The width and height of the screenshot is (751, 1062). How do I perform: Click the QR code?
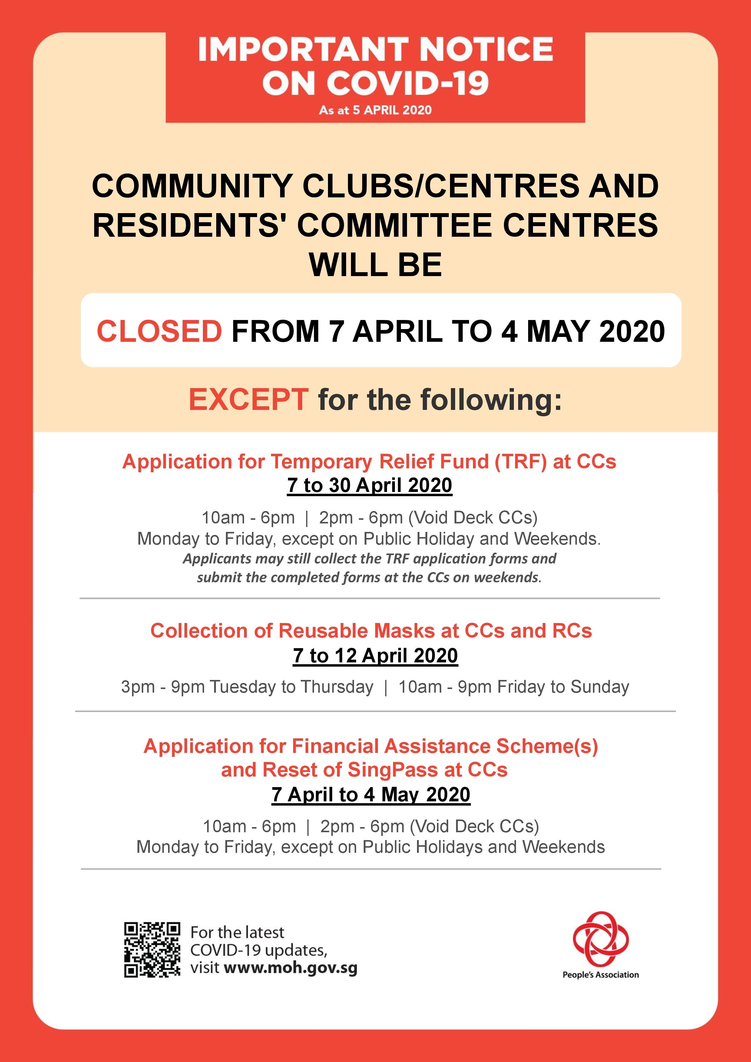(152, 950)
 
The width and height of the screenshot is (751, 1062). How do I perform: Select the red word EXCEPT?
(249, 400)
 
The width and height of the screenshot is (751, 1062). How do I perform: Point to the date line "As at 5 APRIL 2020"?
(375, 110)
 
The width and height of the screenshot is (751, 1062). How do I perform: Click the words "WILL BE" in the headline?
(375, 265)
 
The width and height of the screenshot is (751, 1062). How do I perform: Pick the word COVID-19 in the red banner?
(409, 83)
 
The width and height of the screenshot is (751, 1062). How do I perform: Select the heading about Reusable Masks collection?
(371, 631)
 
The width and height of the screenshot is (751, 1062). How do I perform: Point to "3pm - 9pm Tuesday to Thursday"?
(247, 687)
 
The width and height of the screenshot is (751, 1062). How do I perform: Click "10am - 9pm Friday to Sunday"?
(514, 687)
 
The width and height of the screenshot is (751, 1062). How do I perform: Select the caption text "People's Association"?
(600, 975)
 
